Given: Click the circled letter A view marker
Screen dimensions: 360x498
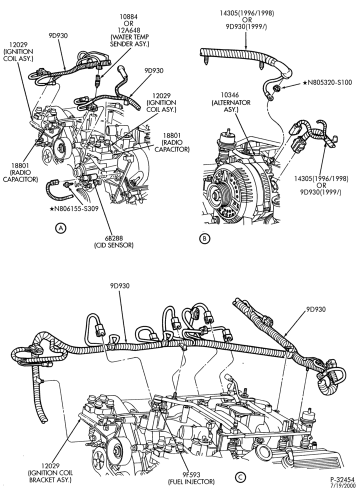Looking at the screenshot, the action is click(60, 227).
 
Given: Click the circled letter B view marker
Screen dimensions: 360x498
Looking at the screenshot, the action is click(204, 238).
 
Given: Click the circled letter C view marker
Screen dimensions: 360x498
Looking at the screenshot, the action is click(240, 477).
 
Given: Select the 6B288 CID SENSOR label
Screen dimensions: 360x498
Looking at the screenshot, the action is click(114, 241).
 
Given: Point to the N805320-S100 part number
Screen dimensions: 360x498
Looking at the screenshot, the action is click(327, 82).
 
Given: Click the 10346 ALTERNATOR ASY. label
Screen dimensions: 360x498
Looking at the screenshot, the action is click(231, 102).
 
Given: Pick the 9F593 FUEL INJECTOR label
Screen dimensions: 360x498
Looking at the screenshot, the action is click(191, 478).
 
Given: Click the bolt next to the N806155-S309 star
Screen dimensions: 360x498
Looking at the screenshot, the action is click(67, 184).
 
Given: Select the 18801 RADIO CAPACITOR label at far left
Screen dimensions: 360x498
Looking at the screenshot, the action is click(20, 173).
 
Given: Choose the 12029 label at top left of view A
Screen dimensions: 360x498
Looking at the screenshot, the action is click(18, 51).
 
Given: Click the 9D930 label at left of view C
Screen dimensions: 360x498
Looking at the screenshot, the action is click(120, 286).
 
